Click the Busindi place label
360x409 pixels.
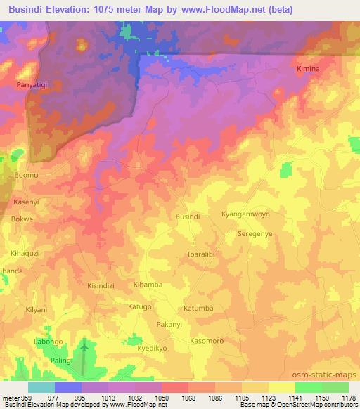(x=188, y=216)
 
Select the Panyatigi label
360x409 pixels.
(x=32, y=84)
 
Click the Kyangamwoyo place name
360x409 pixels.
(x=245, y=214)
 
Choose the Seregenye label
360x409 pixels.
(x=255, y=233)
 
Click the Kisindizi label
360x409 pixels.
(x=103, y=286)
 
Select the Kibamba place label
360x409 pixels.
(x=148, y=285)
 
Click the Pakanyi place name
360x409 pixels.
(x=169, y=325)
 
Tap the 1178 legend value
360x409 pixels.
(x=347, y=396)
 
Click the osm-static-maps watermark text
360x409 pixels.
(x=328, y=372)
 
